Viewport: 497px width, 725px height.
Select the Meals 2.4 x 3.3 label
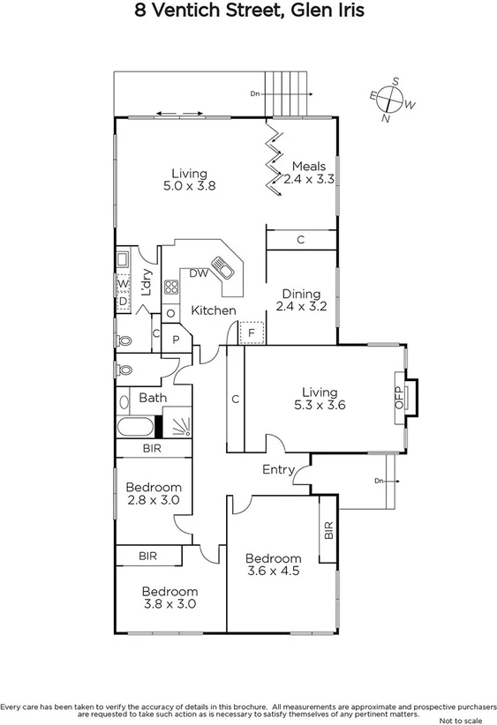pyautogui.click(x=309, y=172)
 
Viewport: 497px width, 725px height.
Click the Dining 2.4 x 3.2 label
pyautogui.click(x=301, y=301)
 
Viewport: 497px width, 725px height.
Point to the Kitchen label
pyautogui.click(x=214, y=310)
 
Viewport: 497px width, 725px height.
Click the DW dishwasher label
pyautogui.click(x=198, y=273)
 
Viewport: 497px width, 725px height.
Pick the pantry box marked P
pyautogui.click(x=176, y=340)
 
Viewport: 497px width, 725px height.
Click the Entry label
pyautogui.click(x=278, y=470)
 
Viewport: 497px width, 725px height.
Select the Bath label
pyautogui.click(x=153, y=398)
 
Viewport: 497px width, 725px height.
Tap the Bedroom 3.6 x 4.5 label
pyautogui.click(x=273, y=565)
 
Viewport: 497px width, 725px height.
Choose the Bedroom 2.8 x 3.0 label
pyautogui.click(x=154, y=494)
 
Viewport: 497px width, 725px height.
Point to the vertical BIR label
pyautogui.click(x=328, y=531)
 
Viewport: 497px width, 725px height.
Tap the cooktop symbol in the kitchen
pyautogui.click(x=171, y=287)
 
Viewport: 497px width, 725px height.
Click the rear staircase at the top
pyautogui.click(x=288, y=93)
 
